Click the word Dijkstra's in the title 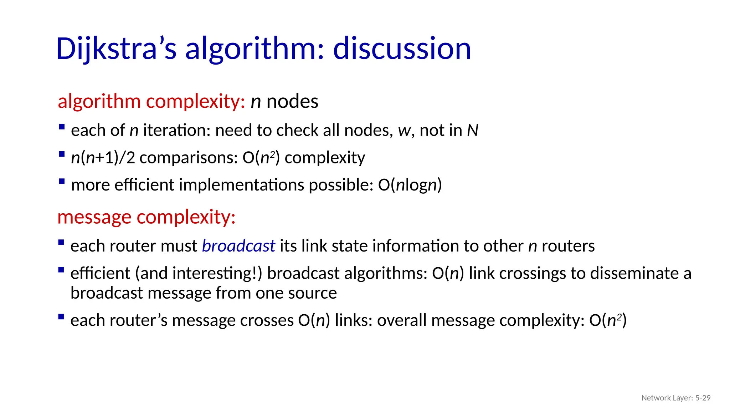point(116,49)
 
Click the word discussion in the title point(402,49)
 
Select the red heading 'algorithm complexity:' point(151,101)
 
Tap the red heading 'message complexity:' point(146,217)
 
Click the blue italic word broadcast point(238,246)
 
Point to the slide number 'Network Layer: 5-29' point(675,398)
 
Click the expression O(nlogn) point(410,185)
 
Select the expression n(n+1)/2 point(103,158)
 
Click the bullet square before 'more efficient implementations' point(62,181)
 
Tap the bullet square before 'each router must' point(61,243)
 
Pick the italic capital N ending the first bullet point(472,130)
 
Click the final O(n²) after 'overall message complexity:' point(608,320)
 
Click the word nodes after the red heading point(292,101)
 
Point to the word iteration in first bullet point(177,130)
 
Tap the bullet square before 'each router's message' point(61,317)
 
